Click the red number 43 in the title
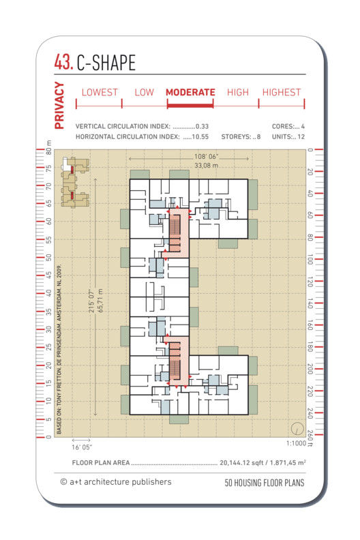(63, 62)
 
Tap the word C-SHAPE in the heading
(106, 63)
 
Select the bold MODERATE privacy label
(190, 92)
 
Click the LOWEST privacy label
(100, 92)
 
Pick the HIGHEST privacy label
(282, 92)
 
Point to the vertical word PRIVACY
(59, 106)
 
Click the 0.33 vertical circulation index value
(202, 126)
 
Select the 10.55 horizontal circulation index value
(200, 137)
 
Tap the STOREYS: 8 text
(241, 137)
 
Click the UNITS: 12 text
(288, 137)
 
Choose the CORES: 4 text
(288, 126)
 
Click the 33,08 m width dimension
(206, 166)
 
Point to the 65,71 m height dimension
(101, 301)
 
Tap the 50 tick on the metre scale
(48, 257)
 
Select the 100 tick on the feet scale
(310, 260)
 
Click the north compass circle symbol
(297, 428)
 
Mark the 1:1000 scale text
(296, 443)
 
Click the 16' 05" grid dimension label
(82, 447)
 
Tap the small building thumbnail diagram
(75, 181)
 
